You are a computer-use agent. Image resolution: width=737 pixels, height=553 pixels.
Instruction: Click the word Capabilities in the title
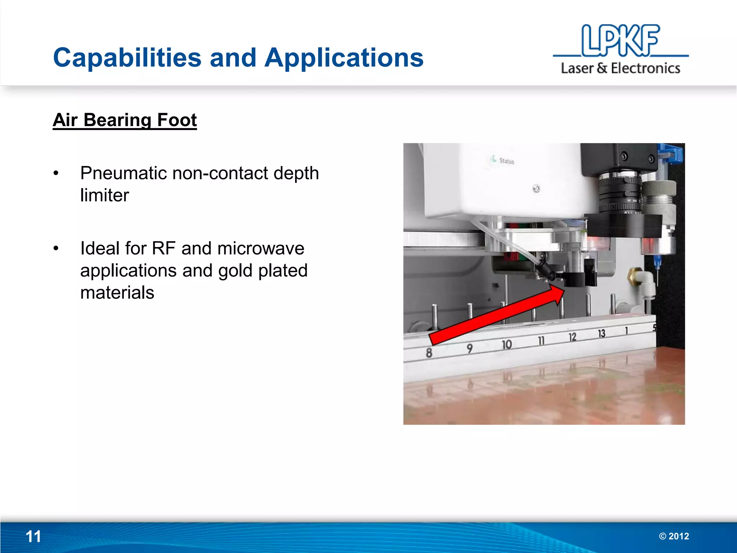127,58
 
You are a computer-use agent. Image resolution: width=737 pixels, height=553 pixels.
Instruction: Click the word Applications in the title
344,58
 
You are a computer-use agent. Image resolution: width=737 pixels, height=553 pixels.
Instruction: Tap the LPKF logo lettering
620,40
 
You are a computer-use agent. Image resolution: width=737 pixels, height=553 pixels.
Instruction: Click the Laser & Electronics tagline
620,68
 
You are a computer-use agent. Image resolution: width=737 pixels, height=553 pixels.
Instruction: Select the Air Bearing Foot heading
125,120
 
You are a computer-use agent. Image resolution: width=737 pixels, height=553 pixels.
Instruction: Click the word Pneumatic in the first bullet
123,173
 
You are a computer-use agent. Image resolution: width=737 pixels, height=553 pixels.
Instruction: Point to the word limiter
104,195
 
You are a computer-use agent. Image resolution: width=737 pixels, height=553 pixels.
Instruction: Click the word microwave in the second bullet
261,248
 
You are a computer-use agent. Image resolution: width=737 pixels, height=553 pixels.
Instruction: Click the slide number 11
33,536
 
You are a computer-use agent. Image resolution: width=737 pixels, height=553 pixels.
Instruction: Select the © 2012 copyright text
674,536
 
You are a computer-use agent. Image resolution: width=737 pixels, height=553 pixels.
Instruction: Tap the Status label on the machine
506,161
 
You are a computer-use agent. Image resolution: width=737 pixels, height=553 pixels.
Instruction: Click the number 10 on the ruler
507,345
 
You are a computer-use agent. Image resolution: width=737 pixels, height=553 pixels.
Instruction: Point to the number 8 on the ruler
429,352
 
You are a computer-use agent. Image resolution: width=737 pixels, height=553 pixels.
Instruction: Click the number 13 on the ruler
601,334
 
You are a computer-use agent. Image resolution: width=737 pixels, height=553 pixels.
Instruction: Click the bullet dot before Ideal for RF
56,248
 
